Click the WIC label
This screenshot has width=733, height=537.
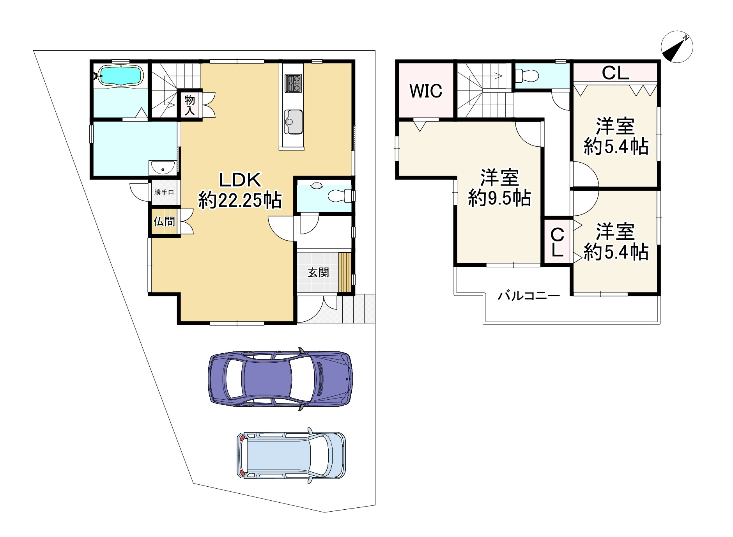coord(426,91)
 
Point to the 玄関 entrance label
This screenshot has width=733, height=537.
coord(318,272)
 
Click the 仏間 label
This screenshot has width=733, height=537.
coord(164,222)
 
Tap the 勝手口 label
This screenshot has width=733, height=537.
coord(164,192)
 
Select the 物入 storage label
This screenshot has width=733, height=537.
coord(189,105)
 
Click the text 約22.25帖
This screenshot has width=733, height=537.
coord(240,201)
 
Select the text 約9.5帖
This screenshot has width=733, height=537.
coord(499,198)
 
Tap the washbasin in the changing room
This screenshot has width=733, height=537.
coord(163,168)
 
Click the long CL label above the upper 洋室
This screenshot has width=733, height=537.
coord(615,73)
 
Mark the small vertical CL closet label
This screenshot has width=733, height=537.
coord(558,243)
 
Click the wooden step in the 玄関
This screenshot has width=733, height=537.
coord(345,272)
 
